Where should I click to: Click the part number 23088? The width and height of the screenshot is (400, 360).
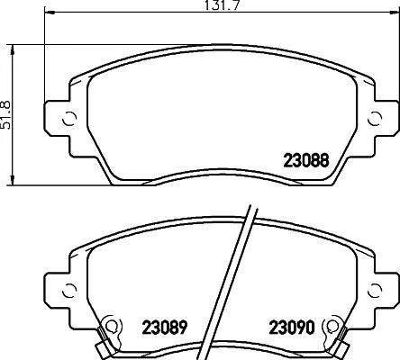[x=306, y=160]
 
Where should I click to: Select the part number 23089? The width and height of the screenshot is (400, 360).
[x=165, y=327]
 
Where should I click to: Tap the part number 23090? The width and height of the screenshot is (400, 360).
[x=292, y=327]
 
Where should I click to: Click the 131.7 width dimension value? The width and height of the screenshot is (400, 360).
[x=223, y=5]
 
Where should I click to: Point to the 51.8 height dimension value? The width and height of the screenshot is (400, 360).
[x=5, y=115]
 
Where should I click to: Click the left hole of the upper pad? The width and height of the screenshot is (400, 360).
[x=69, y=119]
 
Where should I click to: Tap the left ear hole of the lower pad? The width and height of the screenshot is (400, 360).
[x=69, y=290]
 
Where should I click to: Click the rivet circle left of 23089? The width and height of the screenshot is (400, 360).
[x=112, y=325]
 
